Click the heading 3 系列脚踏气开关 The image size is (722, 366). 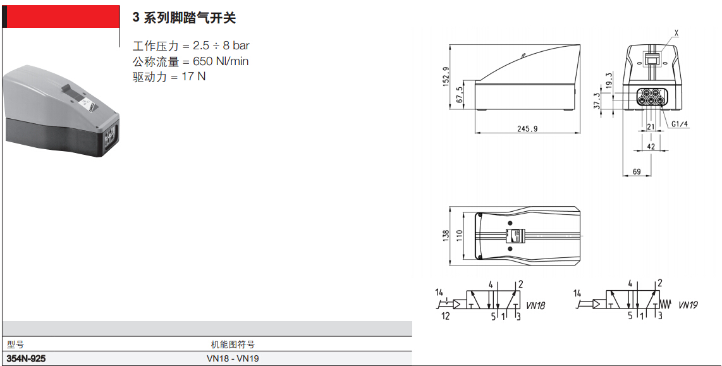click(184, 18)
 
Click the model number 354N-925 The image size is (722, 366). click(27, 358)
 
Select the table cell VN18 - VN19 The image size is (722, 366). click(233, 358)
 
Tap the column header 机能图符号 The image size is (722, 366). click(233, 345)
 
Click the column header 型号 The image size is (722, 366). click(15, 345)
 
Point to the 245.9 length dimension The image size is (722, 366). click(527, 128)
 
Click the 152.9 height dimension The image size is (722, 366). click(446, 76)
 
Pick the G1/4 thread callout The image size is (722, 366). click(680, 124)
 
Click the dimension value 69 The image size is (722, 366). click(637, 172)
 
